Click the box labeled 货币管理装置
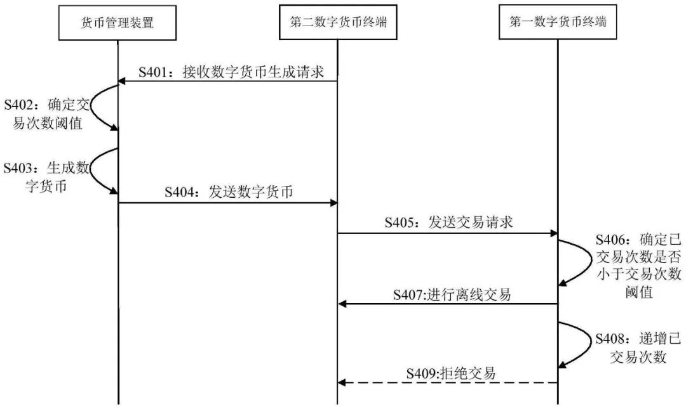118,23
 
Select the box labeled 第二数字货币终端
338,23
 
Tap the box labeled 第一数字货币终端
558,23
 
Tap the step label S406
612,240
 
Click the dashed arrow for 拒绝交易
448,383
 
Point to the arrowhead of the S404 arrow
333,203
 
